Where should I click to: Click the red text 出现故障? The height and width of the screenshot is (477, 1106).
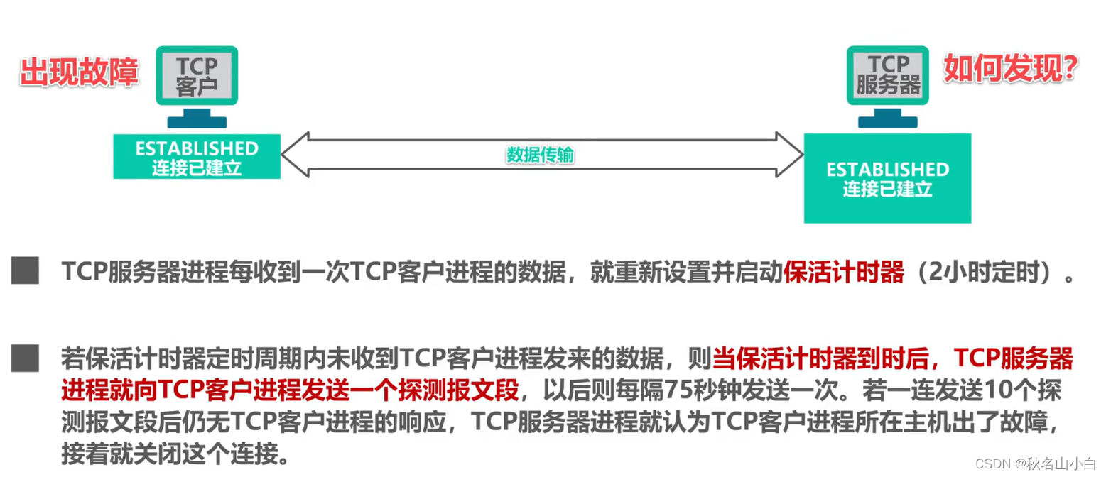click(78, 72)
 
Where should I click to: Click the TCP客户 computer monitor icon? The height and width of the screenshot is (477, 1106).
click(197, 75)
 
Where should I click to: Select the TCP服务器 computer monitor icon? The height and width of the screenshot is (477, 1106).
click(888, 75)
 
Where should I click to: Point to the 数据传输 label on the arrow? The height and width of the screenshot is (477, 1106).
click(540, 155)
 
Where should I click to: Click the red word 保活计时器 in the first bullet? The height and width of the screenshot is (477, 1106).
click(843, 273)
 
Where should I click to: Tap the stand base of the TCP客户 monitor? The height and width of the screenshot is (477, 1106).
click(196, 121)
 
